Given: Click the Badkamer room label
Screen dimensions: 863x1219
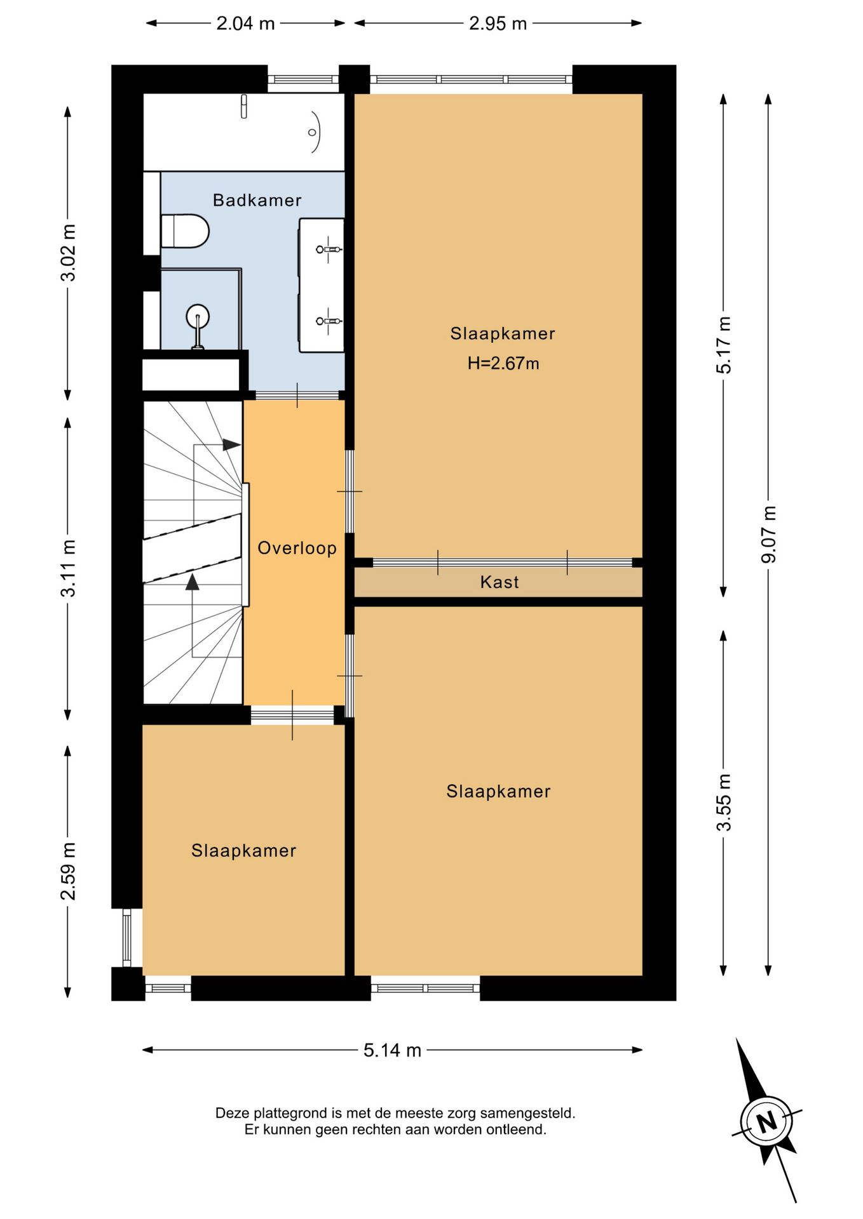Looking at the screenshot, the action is (257, 200).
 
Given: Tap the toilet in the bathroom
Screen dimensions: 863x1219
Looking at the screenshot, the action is (185, 231).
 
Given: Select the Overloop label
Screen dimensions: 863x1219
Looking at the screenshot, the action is (297, 548).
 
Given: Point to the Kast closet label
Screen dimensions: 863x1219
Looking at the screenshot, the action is (499, 582).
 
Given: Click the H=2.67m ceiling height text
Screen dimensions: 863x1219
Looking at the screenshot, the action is (503, 363).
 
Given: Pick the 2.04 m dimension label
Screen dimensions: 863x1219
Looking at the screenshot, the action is (245, 23).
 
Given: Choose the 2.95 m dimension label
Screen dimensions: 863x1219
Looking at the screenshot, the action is (498, 23).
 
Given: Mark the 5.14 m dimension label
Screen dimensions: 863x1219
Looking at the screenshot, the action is (392, 1050).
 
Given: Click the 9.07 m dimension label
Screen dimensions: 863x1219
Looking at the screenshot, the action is (768, 534).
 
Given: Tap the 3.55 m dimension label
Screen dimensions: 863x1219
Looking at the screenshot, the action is (724, 803).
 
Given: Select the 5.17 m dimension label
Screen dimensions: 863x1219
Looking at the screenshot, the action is (724, 345).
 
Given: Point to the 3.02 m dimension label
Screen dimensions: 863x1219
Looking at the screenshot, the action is (68, 252).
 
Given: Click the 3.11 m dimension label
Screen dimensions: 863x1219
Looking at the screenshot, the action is (68, 568).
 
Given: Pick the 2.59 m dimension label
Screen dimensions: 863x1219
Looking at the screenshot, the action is (68, 871).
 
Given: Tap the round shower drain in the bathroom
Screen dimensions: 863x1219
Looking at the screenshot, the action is (198, 316).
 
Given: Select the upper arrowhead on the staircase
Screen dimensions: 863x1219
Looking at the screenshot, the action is (232, 445).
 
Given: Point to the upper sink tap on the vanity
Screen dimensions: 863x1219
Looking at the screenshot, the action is (329, 250).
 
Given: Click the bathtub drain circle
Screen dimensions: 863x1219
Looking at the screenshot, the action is (312, 132).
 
